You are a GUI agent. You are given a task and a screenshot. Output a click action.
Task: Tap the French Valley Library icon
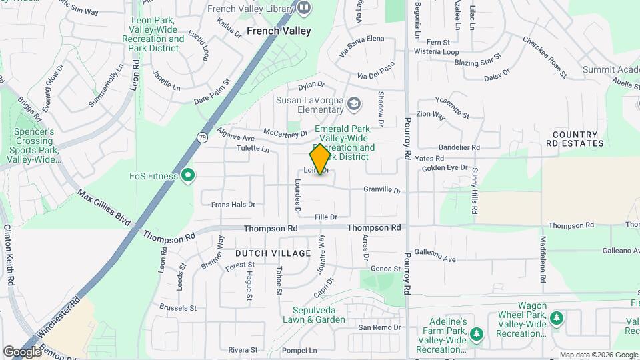click(x=304, y=8)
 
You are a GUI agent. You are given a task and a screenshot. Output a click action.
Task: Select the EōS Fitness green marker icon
click(x=189, y=176)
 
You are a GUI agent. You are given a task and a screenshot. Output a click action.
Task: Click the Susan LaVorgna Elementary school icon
click(x=353, y=103)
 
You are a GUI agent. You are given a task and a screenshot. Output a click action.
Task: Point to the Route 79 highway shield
click(x=202, y=137)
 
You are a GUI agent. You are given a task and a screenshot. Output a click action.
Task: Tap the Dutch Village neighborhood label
click(x=273, y=253)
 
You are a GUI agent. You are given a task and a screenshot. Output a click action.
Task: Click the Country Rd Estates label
click(x=575, y=139)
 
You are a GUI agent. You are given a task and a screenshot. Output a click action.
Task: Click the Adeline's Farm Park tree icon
click(x=476, y=333)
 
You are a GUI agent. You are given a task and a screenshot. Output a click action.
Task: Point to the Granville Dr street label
click(x=382, y=191)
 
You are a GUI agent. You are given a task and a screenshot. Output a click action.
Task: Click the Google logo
click(x=23, y=351)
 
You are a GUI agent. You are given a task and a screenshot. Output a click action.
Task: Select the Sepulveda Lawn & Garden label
click(x=319, y=315)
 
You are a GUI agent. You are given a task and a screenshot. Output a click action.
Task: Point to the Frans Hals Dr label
click(x=233, y=205)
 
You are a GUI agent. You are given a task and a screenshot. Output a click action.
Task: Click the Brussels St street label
click(x=178, y=308)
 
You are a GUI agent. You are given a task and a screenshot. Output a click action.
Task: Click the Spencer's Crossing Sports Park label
click(x=35, y=145)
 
